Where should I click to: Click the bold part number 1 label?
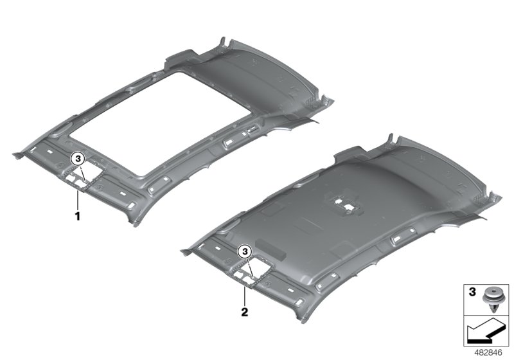click(x=78, y=217)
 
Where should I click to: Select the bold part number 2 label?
click(x=245, y=312)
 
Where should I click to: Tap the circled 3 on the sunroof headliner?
click(x=78, y=159)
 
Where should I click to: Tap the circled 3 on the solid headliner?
click(x=245, y=251)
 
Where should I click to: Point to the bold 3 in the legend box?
click(x=472, y=292)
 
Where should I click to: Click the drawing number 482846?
click(x=488, y=353)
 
